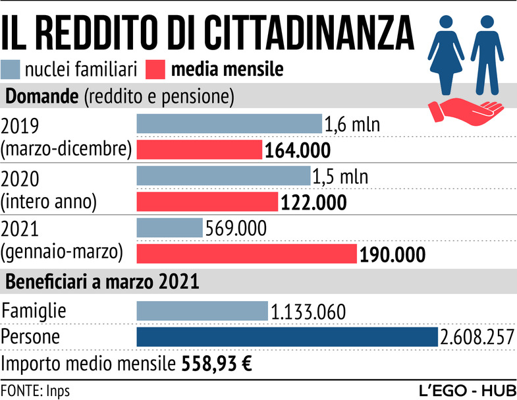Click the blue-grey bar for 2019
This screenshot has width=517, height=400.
229,124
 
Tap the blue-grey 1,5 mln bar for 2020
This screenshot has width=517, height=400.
223,176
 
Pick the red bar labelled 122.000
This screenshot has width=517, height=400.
207,202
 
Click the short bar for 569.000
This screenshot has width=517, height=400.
169,228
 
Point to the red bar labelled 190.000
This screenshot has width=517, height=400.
246,254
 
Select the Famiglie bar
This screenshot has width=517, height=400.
202,311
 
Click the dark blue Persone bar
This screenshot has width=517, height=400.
287,336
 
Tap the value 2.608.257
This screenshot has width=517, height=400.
477,337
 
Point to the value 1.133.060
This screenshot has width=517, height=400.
309,311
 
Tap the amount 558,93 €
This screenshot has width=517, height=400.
213,364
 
